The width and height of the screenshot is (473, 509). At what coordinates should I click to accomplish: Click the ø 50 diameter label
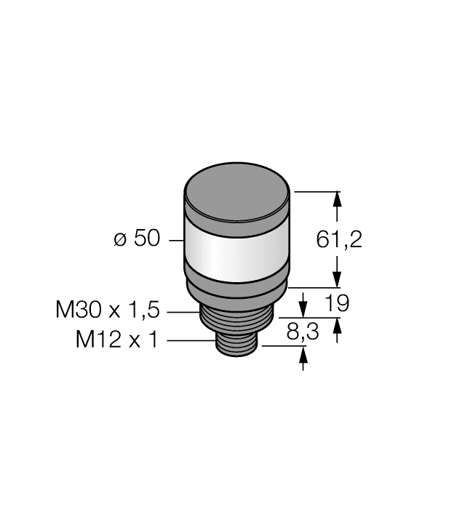(x=136, y=239)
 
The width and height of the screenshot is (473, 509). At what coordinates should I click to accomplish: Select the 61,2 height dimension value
(x=339, y=239)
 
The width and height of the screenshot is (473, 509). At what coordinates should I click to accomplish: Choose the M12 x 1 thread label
(x=116, y=340)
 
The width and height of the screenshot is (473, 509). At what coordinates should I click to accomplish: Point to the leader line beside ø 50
(x=175, y=239)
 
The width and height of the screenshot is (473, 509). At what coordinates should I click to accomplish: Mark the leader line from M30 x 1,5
(x=183, y=311)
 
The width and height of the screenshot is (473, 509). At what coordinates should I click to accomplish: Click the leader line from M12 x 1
(x=191, y=340)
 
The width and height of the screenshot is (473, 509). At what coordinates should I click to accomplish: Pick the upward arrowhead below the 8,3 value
(x=303, y=354)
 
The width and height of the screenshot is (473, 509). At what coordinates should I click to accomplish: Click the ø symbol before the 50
(x=120, y=240)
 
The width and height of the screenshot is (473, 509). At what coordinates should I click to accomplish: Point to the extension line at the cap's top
(x=317, y=191)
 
